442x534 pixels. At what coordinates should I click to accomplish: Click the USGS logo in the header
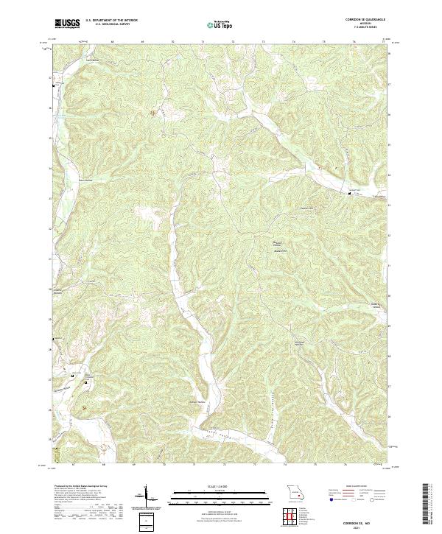tap(67, 24)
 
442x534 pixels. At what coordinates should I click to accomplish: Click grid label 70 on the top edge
tap(172, 43)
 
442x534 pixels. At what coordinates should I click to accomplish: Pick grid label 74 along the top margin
tap(294, 43)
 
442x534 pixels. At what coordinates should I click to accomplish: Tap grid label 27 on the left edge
tap(49, 77)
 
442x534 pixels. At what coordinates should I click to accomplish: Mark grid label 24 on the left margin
tap(49, 169)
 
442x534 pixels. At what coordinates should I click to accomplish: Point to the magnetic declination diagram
tap(146, 496)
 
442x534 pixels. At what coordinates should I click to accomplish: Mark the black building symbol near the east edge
tap(350, 194)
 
